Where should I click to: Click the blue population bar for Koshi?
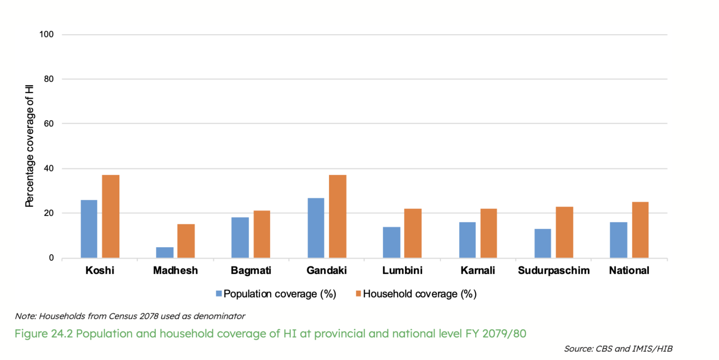click(89, 229)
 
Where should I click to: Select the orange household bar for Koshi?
click(111, 216)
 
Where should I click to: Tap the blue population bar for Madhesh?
click(165, 252)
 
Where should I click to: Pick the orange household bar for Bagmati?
click(262, 234)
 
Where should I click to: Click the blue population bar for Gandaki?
click(315, 228)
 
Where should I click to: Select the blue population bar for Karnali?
click(467, 240)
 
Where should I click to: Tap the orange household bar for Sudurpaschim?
click(565, 232)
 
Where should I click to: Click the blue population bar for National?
click(618, 240)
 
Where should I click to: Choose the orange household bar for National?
click(640, 230)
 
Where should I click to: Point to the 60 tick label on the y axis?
click(49, 124)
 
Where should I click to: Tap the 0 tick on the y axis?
click(51, 258)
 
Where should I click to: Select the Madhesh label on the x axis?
click(176, 271)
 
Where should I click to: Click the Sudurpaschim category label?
click(553, 271)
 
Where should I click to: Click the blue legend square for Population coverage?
click(219, 294)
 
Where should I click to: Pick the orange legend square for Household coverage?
click(358, 294)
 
